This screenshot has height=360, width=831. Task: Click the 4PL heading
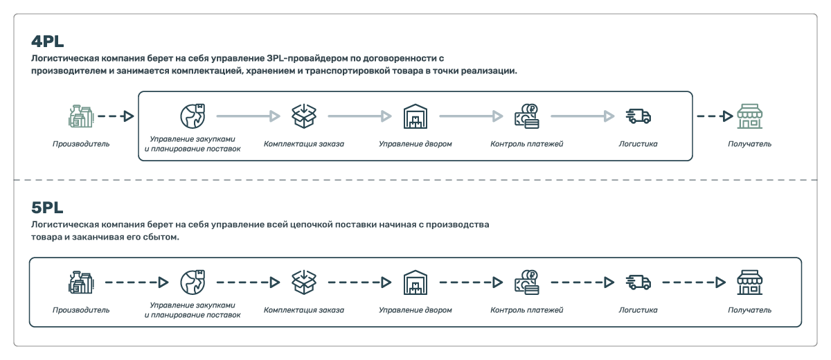pos(48,41)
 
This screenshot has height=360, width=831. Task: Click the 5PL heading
pos(47,208)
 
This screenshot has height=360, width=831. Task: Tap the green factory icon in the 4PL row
pos(81,116)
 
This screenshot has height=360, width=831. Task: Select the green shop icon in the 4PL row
pos(749,116)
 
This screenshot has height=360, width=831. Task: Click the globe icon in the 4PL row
pos(193,116)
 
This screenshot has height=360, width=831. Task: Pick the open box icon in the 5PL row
pos(304,282)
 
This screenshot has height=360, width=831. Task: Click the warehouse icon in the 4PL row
pos(415,116)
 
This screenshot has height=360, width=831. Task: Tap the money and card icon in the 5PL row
pos(527,282)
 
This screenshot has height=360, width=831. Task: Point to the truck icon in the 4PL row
pos(638,116)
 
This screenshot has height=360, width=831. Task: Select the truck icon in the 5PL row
pos(638,282)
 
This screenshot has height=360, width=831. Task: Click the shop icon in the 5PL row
pos(749,282)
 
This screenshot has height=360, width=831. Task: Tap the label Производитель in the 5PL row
pos(81,310)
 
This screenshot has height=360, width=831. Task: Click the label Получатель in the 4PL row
pos(749,144)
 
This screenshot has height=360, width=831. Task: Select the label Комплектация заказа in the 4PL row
pos(304,144)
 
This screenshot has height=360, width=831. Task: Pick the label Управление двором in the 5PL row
pos(415,310)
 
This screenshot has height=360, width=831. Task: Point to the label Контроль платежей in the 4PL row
pos(527,144)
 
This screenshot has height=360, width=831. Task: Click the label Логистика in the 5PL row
pos(638,310)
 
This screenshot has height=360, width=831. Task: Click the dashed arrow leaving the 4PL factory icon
pos(116,116)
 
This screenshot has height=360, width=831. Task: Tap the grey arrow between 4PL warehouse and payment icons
pos(471,116)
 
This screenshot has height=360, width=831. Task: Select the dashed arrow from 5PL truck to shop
pos(694,282)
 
